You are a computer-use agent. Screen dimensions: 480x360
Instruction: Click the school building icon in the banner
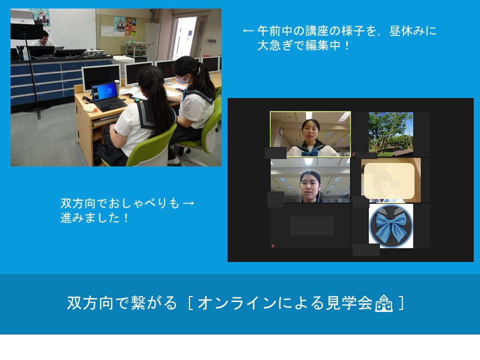(x=383, y=303)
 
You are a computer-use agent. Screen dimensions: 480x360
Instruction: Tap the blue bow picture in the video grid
(x=391, y=226)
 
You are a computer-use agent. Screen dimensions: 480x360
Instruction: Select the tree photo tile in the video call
(x=391, y=134)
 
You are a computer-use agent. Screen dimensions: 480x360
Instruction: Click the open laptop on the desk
(x=108, y=96)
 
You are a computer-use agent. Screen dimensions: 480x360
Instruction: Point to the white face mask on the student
(x=183, y=79)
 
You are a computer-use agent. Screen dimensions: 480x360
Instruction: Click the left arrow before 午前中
(x=248, y=31)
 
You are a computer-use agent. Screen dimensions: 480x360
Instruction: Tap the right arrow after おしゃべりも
(x=188, y=203)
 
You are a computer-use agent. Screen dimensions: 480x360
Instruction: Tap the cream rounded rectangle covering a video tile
(x=389, y=181)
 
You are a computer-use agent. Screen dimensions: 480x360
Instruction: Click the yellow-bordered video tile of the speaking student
(x=310, y=134)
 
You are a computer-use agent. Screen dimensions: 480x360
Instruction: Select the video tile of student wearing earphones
(x=310, y=180)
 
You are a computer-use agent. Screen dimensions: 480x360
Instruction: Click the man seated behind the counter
(x=43, y=39)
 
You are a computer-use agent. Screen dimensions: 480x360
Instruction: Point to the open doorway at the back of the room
(x=183, y=36)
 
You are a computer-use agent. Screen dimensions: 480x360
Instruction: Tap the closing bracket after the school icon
(x=401, y=303)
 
